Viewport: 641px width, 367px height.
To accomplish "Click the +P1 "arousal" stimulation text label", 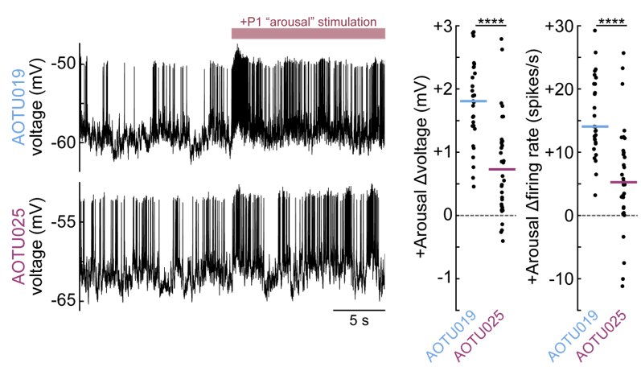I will (308, 21).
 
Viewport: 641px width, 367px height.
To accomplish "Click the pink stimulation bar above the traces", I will (308, 33).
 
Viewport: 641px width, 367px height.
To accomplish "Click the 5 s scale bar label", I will (359, 320).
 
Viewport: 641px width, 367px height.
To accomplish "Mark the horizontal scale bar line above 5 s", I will (359, 308).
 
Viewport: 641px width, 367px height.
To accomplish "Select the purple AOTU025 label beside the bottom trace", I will (14, 242).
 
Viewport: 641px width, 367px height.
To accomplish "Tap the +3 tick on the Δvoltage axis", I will (444, 27).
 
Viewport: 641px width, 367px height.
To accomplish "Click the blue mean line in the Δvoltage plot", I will (473, 101).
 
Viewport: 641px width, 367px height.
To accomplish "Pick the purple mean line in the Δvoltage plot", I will (501, 169).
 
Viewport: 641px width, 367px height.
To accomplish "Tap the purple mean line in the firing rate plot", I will (623, 182).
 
